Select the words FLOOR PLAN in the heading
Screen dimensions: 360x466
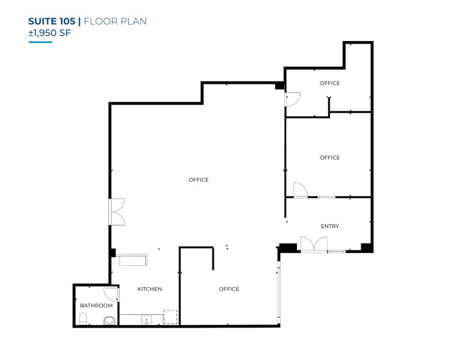pos(115,21)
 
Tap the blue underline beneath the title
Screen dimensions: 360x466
pos(40,42)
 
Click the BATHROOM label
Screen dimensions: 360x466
pos(96,306)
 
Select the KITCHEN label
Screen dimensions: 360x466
pos(149,289)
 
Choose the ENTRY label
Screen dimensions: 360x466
pos(329,227)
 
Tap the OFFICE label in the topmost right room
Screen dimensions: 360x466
pos(329,83)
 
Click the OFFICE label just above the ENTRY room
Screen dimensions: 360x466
pos(329,158)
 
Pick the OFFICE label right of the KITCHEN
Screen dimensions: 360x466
pos(229,289)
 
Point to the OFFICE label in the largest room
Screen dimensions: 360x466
pos(198,180)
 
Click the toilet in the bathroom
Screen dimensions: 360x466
pos(84,318)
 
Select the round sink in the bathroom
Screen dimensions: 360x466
pos(109,320)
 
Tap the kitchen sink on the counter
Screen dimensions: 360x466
pos(146,319)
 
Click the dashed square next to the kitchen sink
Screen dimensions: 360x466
pos(170,317)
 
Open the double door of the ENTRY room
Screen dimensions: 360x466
pos(314,244)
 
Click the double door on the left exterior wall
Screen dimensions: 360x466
pos(118,211)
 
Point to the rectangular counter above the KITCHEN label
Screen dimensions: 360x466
pos(132,261)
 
